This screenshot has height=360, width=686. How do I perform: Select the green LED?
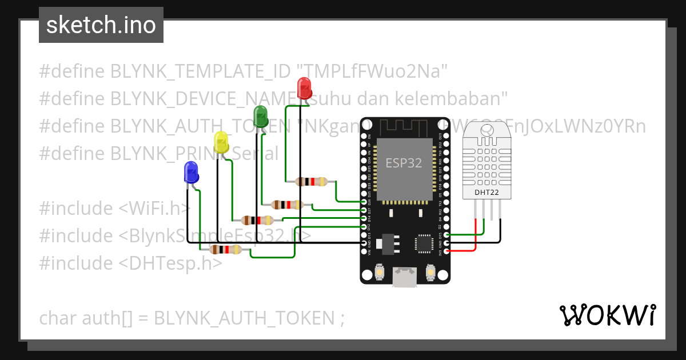tap(260, 116)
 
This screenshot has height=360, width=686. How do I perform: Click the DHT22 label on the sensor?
tap(486, 193)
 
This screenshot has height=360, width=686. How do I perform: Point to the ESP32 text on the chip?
tap(403, 163)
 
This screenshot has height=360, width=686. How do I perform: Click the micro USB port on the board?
tap(405, 279)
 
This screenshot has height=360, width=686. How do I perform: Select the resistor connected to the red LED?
tap(311, 182)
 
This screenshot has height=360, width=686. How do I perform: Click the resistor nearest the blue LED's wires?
tap(225, 249)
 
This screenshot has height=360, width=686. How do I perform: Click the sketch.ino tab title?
tap(101, 25)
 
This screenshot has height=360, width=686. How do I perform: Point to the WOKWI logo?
tap(607, 315)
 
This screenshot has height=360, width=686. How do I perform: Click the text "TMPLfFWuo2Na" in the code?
tap(371, 71)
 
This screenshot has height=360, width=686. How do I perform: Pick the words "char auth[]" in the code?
tap(86, 318)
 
